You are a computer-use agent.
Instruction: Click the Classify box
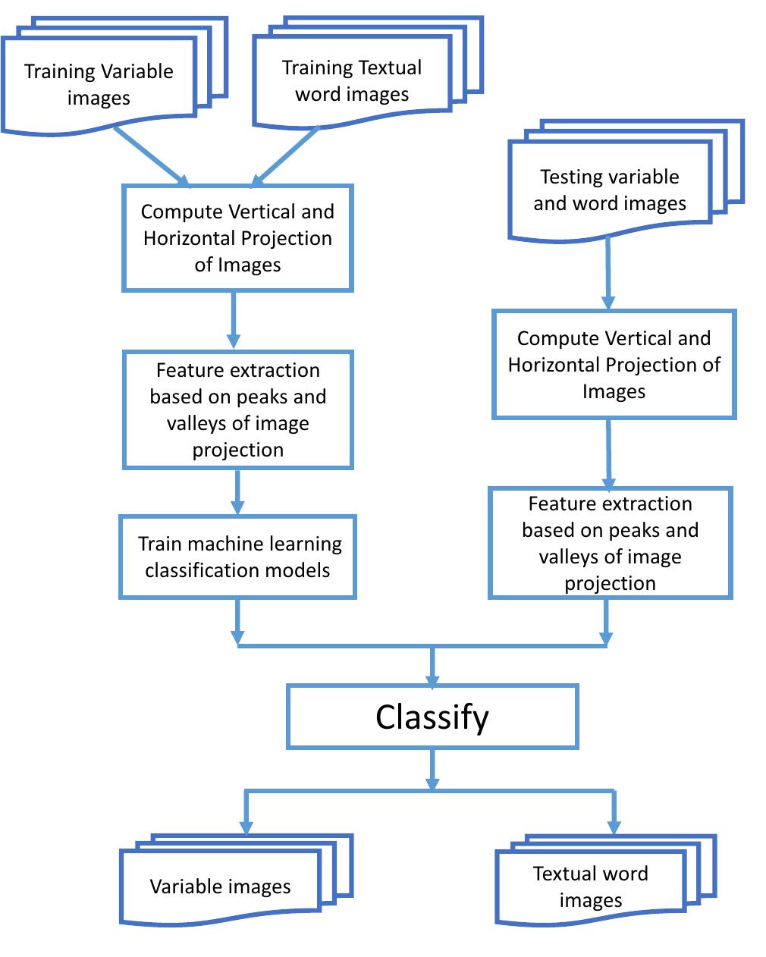432,717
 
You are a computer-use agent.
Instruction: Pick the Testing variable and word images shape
610,190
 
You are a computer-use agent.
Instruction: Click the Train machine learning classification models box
237,557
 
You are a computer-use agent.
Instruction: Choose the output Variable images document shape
220,886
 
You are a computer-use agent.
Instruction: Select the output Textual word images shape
590,886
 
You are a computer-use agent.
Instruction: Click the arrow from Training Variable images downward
152,156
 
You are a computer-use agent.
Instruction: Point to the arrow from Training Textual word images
287,156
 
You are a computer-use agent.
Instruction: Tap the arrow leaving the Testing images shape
607,273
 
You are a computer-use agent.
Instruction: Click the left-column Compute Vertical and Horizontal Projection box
237,238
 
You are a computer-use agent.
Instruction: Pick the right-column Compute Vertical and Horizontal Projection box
614,364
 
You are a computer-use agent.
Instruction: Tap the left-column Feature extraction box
237,409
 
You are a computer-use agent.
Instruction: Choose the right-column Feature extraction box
610,543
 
